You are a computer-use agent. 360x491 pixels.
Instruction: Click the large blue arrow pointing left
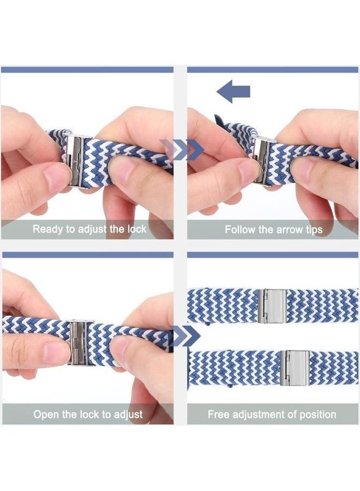[x=233, y=91]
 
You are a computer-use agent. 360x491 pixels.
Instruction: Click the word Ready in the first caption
[x=48, y=229]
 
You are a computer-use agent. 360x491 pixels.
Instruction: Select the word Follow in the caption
[x=241, y=230]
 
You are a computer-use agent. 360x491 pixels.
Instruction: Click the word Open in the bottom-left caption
[x=45, y=415]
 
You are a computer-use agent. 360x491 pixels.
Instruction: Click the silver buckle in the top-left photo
[x=77, y=159]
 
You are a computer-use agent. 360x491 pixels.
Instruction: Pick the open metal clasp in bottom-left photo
[x=80, y=342]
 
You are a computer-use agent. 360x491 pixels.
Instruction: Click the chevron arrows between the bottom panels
[x=184, y=337]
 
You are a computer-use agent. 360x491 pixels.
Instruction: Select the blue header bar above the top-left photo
[x=87, y=70]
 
